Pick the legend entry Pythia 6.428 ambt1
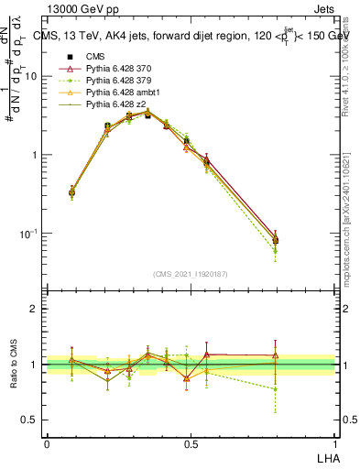pos(118,93)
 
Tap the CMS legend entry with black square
pos(95,57)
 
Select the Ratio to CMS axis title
pos(16,365)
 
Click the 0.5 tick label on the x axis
pos(191,442)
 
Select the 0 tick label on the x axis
pos(47,442)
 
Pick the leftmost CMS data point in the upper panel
pos(71,192)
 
